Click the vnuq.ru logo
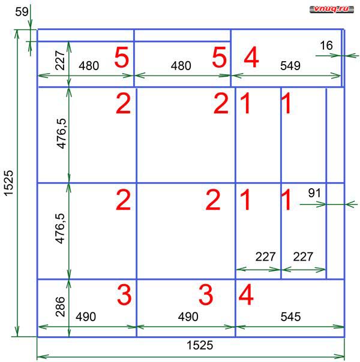pyautogui.click(x=332, y=9)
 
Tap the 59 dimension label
pyautogui.click(x=22, y=12)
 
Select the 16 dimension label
pyautogui.click(x=326, y=46)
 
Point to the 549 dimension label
pyautogui.click(x=290, y=66)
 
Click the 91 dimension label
pyautogui.click(x=314, y=193)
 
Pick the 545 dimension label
pyautogui.click(x=290, y=316)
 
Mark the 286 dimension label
pyautogui.click(x=61, y=307)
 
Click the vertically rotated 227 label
pyautogui.click(x=60, y=61)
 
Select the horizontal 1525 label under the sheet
pyautogui.click(x=200, y=345)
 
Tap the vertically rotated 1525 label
pyautogui.click(x=9, y=183)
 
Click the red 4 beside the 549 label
pyautogui.click(x=251, y=57)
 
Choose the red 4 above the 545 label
pyautogui.click(x=246, y=295)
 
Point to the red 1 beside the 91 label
pyautogui.click(x=286, y=200)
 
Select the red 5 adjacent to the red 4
pyautogui.click(x=219, y=57)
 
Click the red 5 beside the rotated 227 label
pyautogui.click(x=122, y=57)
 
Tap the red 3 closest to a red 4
pyautogui.click(x=206, y=295)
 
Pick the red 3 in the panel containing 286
pyautogui.click(x=124, y=295)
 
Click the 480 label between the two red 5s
pyautogui.click(x=181, y=66)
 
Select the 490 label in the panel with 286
pyautogui.click(x=86, y=316)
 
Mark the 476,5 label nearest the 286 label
pyautogui.click(x=61, y=228)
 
